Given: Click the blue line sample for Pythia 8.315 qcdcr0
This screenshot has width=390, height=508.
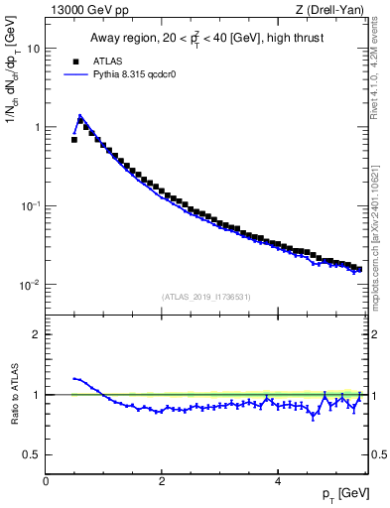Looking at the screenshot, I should (73, 73).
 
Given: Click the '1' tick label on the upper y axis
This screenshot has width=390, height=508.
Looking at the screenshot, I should (36, 127).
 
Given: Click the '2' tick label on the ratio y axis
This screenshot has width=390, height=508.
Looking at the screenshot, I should (36, 334).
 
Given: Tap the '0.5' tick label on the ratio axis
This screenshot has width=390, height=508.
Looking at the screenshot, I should (31, 454).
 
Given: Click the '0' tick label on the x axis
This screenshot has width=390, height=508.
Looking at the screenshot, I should (46, 481).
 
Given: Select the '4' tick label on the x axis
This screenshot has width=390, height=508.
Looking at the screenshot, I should (278, 481).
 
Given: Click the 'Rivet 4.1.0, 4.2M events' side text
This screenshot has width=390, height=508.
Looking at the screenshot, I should (380, 69).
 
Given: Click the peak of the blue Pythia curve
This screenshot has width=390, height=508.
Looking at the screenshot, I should (79, 115).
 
